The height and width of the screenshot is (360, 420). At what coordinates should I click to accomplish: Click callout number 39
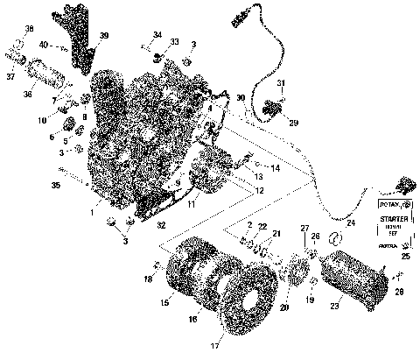coord(104,35)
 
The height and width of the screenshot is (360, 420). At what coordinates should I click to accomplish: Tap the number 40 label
coord(43,44)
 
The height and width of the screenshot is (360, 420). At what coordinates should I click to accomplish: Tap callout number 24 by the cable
coord(352,223)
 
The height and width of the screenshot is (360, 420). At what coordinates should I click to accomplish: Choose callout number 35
coord(56,186)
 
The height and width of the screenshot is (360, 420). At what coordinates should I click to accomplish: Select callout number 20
coord(282,307)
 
